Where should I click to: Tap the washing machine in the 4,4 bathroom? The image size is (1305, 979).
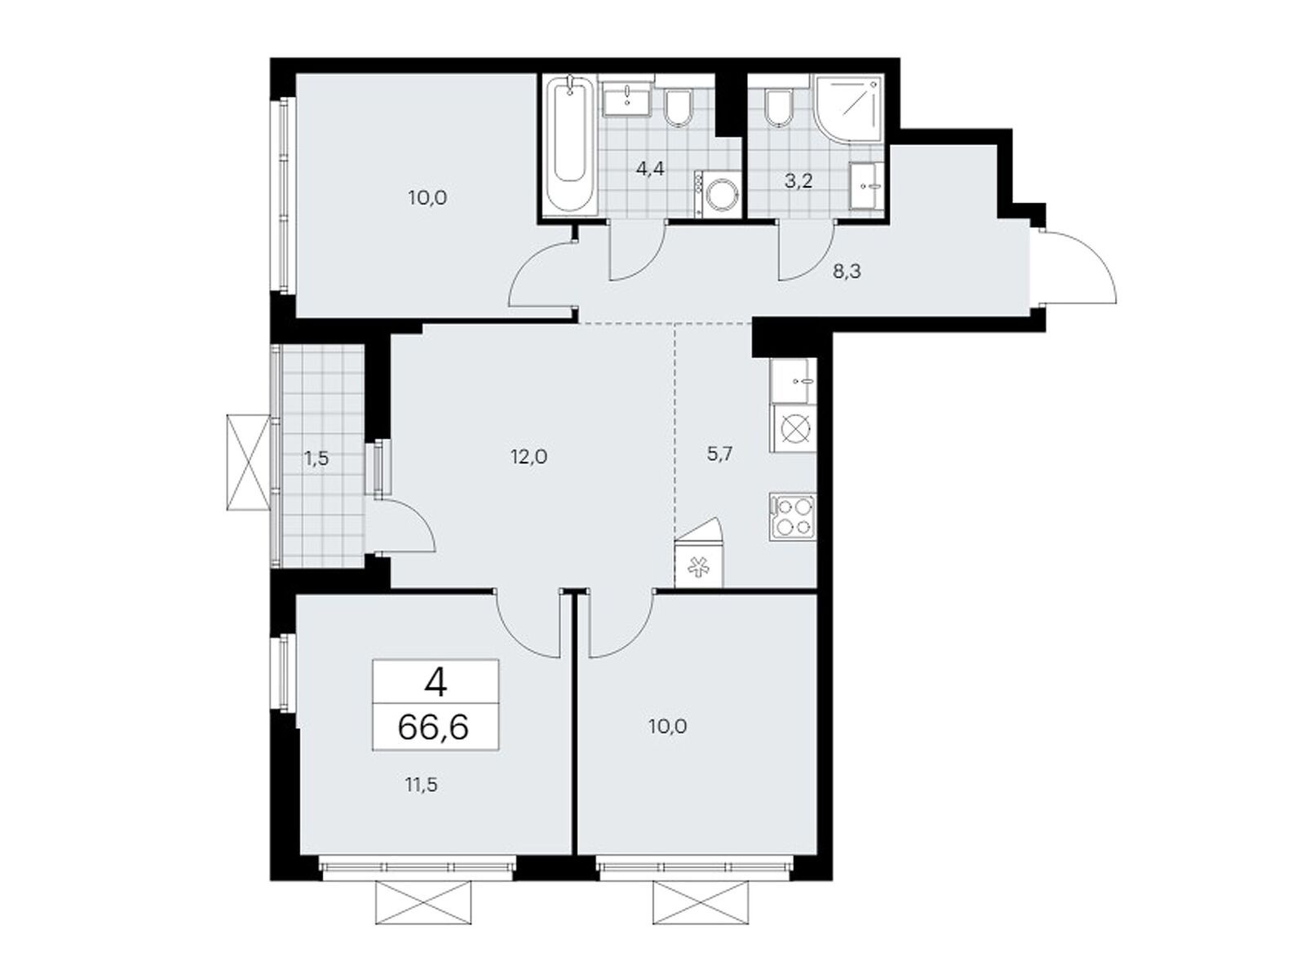[x=716, y=193]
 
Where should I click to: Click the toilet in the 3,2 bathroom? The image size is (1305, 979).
[x=779, y=108]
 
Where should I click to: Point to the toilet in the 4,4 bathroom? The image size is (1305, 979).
[x=677, y=108]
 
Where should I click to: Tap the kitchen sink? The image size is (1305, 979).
[x=793, y=380]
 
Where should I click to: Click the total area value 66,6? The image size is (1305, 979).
[x=433, y=726]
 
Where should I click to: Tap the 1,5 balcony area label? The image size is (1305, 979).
[x=317, y=458]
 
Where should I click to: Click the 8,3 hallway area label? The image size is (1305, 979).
[x=847, y=272]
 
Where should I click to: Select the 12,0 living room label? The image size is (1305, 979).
[x=529, y=457]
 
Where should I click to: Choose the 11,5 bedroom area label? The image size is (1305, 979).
[x=421, y=785]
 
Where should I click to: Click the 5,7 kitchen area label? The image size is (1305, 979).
[x=719, y=454]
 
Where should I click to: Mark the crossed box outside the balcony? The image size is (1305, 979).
[x=249, y=462]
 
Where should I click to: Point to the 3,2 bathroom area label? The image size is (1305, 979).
[x=798, y=180]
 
